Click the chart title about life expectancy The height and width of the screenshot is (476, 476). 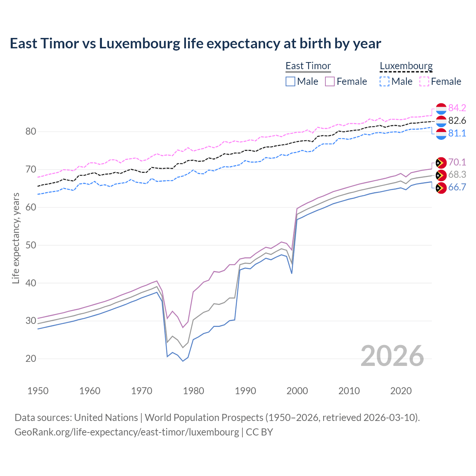pyautogui.click(x=195, y=44)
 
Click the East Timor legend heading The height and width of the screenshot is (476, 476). pyautogui.click(x=308, y=66)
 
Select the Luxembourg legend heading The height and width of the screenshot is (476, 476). pyautogui.click(x=406, y=66)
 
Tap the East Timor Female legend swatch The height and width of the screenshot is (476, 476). pyautogui.click(x=330, y=81)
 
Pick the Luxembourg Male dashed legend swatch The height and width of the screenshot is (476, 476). pyautogui.click(x=385, y=81)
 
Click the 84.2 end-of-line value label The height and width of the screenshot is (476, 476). pyautogui.click(x=457, y=108)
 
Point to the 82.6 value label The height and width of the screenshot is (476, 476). pyautogui.click(x=457, y=120)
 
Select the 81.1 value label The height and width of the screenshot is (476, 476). pyautogui.click(x=457, y=133)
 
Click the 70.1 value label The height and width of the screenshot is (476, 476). pyautogui.click(x=457, y=162)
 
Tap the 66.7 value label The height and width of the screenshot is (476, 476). pyautogui.click(x=457, y=187)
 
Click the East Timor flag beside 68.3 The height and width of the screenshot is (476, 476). pyautogui.click(x=441, y=175)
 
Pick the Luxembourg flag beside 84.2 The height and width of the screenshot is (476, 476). pyautogui.click(x=441, y=109)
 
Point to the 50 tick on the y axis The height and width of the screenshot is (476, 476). pyautogui.click(x=31, y=245)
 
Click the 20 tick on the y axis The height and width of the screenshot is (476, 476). pyautogui.click(x=31, y=358)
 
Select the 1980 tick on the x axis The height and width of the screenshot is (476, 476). pyautogui.click(x=194, y=391)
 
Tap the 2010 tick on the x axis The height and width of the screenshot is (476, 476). pyautogui.click(x=349, y=391)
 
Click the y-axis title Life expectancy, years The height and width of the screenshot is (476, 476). pyautogui.click(x=16, y=238)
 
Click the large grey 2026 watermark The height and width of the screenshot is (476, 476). pyautogui.click(x=392, y=356)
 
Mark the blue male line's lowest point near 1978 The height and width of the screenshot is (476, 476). pyautogui.click(x=183, y=361)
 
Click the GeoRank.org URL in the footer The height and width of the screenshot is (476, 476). pyautogui.click(x=126, y=432)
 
